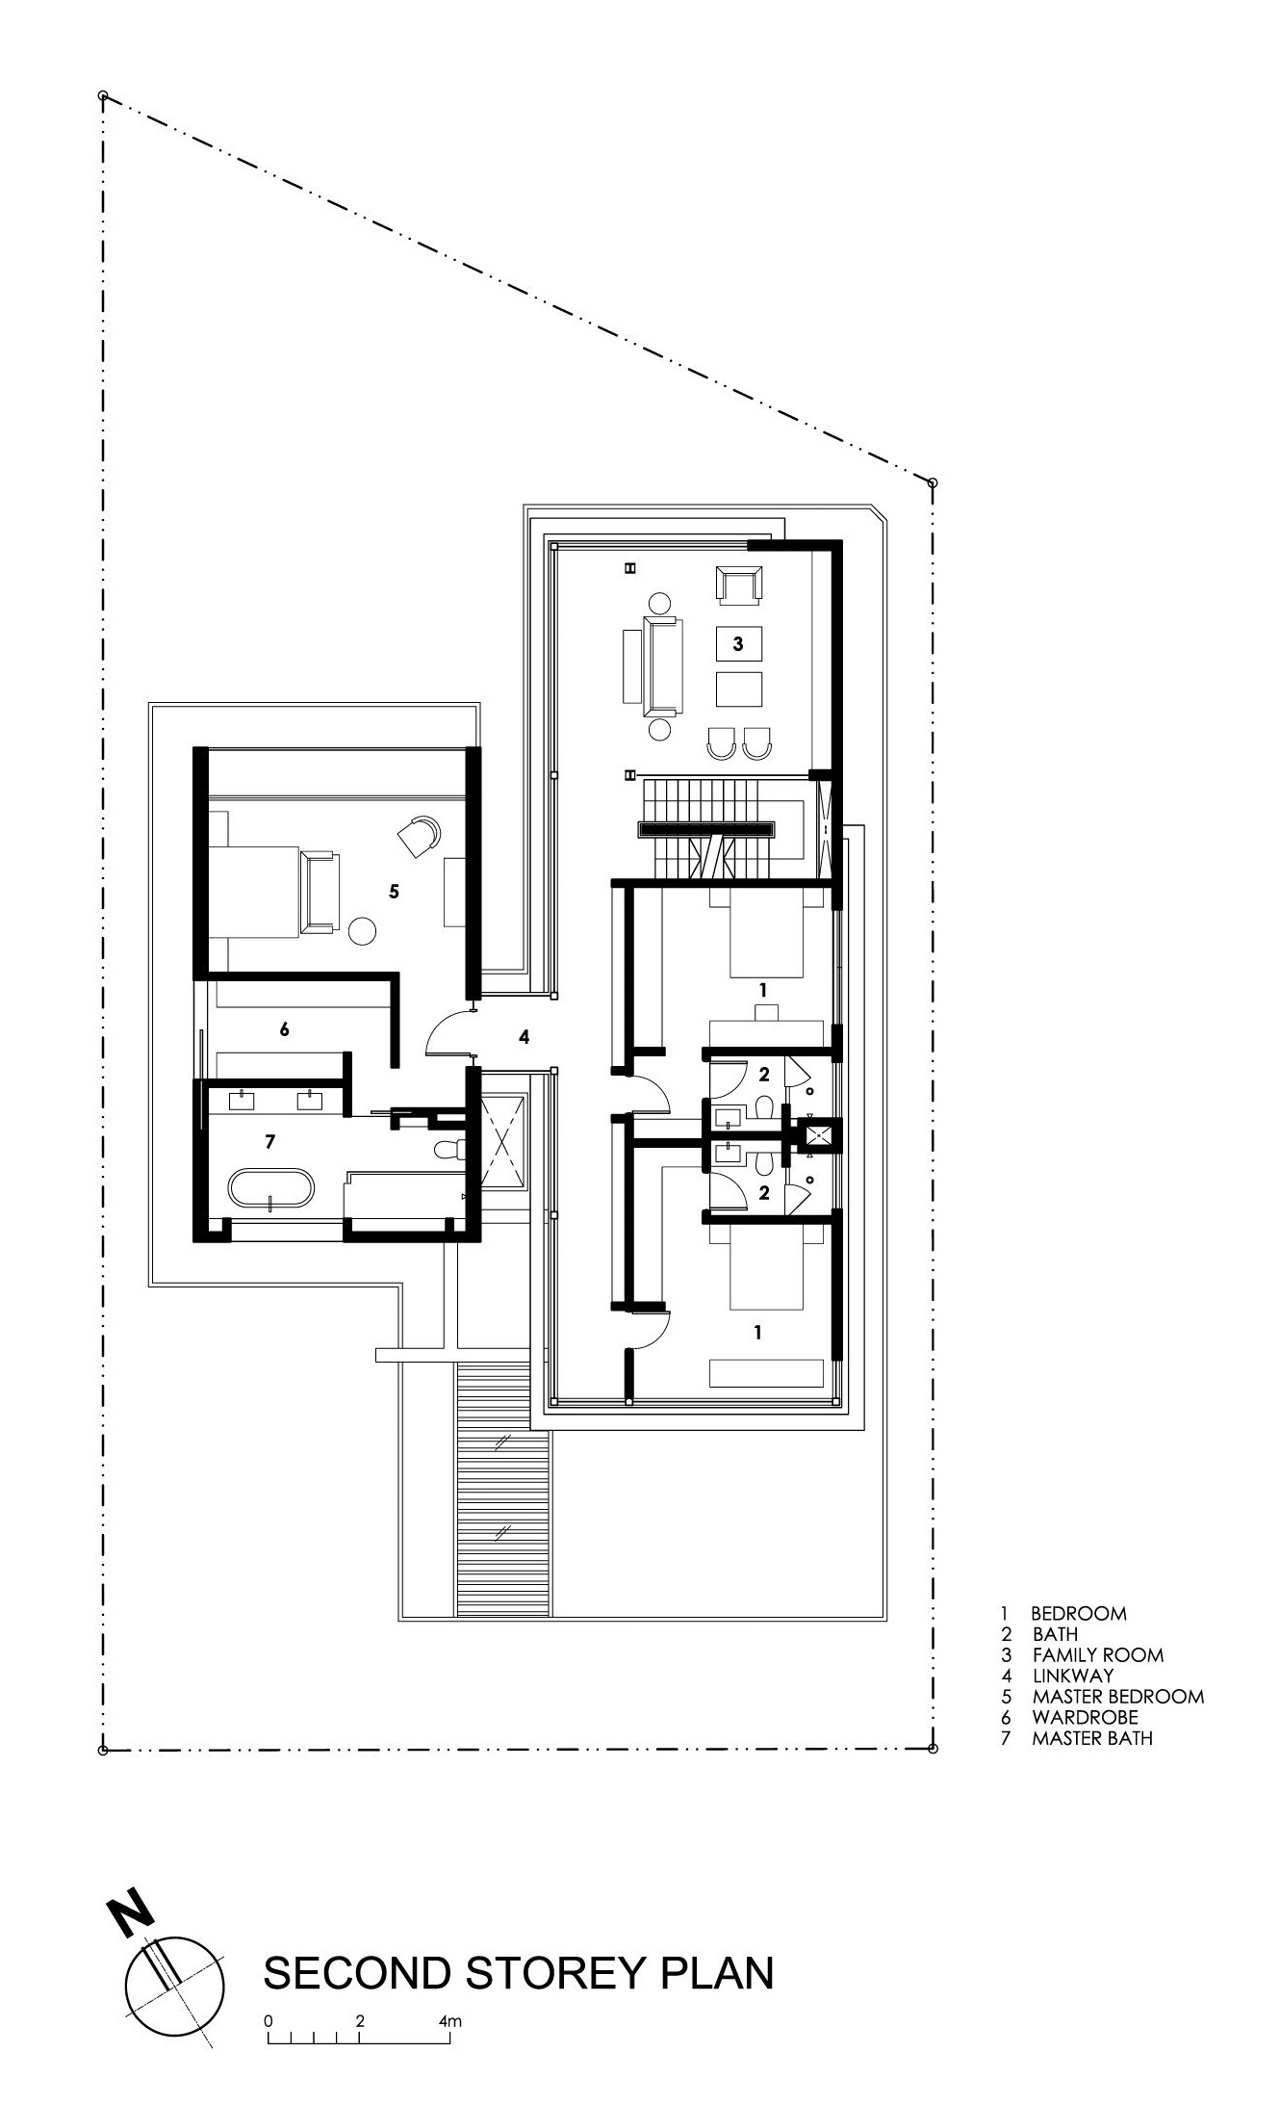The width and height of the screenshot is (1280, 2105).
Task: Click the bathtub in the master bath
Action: click(270, 1187)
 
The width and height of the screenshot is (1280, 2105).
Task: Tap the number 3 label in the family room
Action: click(738, 644)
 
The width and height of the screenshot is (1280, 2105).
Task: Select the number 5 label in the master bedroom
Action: click(394, 892)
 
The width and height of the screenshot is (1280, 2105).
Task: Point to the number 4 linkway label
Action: click(524, 1037)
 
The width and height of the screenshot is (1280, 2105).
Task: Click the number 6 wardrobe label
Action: click(284, 1029)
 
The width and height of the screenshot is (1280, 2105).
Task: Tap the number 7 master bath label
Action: click(270, 1141)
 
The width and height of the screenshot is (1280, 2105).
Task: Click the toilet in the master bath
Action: click(449, 1149)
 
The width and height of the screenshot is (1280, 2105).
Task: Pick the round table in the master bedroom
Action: click(362, 930)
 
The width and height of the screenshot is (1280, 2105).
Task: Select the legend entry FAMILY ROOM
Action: click(1098, 1655)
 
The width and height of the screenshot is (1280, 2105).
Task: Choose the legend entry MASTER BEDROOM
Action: click(1118, 1697)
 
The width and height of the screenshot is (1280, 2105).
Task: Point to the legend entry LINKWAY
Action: click(1073, 1676)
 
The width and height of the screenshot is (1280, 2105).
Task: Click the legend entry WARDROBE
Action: click(1086, 1717)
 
